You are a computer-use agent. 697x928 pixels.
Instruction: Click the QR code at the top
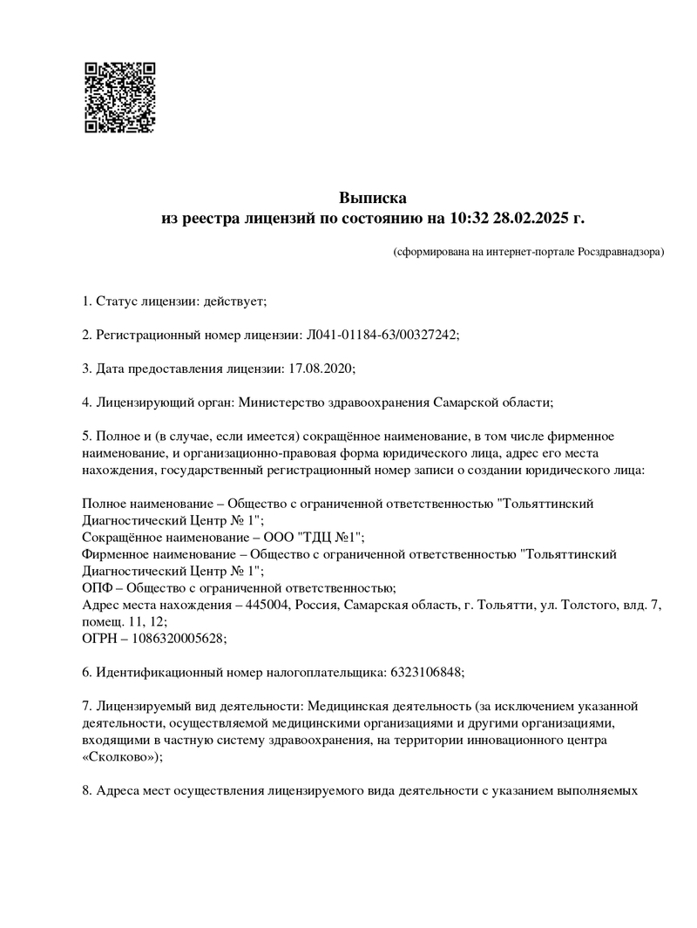tap(119, 97)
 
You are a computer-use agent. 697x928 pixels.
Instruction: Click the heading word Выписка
tap(372, 198)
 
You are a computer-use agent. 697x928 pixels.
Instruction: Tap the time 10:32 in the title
tap(469, 218)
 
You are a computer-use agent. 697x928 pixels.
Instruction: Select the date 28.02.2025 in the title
tap(526, 218)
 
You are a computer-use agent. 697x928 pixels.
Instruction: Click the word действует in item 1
tap(233, 301)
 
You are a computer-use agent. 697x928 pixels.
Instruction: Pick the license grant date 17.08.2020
tap(319, 368)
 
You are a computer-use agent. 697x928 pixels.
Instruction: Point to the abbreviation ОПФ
tap(96, 588)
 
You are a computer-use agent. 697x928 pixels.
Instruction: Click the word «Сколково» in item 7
tap(118, 756)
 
